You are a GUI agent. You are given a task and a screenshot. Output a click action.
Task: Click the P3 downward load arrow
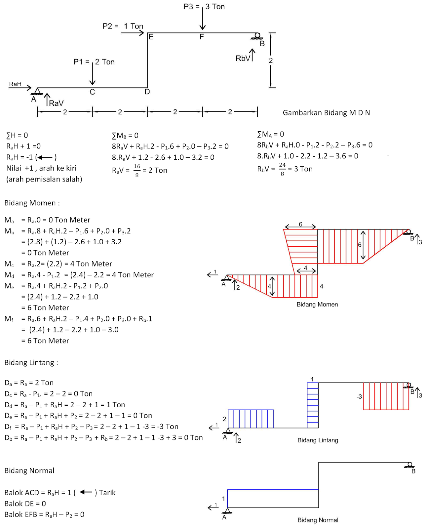tap(202, 18)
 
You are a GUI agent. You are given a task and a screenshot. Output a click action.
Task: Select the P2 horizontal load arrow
tap(133, 33)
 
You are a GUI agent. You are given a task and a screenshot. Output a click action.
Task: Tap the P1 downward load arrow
tap(92, 73)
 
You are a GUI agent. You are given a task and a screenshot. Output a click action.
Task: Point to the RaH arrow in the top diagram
tap(20, 87)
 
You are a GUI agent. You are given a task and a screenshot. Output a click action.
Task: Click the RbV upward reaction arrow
tap(252, 55)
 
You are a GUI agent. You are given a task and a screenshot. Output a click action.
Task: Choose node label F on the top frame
tap(202, 37)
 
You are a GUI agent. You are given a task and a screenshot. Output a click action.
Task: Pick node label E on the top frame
tap(151, 37)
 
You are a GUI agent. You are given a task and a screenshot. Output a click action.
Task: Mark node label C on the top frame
tap(92, 92)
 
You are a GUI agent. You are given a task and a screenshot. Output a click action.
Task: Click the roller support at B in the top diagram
tap(257, 36)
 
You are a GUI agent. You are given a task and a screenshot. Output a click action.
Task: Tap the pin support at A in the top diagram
tap(37, 91)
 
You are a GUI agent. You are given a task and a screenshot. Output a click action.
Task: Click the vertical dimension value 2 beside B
tap(271, 61)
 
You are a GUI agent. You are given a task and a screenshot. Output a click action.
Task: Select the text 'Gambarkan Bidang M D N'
tap(326, 113)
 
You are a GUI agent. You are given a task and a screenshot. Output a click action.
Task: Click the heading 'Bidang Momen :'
tap(32, 203)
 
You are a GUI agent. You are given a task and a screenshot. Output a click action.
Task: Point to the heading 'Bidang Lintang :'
tap(31, 363)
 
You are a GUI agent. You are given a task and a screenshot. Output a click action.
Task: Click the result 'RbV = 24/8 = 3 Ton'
tap(285, 169)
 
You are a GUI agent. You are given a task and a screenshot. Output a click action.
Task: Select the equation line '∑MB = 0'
tap(125, 136)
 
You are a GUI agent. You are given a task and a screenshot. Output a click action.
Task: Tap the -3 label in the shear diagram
tap(359, 396)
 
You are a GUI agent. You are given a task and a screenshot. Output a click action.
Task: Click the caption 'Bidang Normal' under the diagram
tap(318, 520)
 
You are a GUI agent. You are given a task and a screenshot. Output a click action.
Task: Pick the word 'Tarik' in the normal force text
tap(107, 493)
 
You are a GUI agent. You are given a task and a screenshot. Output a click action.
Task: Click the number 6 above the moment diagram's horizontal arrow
tap(300, 224)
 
